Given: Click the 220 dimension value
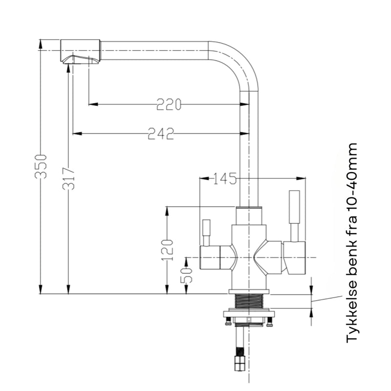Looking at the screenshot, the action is coord(169,104).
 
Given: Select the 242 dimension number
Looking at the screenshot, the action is coord(161,133).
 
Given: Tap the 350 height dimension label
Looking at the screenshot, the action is coord(41,167).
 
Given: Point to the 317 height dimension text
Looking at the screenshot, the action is coord(68,178).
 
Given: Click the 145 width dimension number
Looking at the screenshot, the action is coord(225,178).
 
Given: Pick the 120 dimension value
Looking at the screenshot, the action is coord(167,250).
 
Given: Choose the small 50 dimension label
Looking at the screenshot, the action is coord(187,275).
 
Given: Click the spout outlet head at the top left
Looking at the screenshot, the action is coord(80,51).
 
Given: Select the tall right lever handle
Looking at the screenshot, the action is coord(294,216).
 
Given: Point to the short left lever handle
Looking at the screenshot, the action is coord(206,233).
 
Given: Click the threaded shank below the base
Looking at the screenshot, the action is coord(249,301).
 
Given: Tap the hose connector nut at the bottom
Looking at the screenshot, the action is coord(239,364).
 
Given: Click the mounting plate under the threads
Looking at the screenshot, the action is coord(249,314).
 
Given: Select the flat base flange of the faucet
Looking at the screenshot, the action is coord(249,291).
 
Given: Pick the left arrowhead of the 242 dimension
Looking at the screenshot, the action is coord(77,133).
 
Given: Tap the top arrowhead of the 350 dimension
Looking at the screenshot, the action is coord(41,44).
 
